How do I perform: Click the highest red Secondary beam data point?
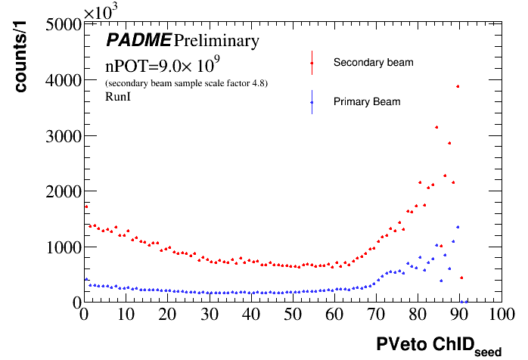point(458,86)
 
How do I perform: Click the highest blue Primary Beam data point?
point(458,227)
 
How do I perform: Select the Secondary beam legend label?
point(373,62)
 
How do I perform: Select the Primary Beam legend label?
point(367,101)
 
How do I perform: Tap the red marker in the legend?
point(312,63)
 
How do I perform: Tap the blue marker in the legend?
point(312,101)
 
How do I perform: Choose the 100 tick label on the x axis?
point(497,314)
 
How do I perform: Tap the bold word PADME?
point(138,39)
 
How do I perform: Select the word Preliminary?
point(216,39)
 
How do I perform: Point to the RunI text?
point(118,96)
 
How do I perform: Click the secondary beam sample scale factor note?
point(187,82)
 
